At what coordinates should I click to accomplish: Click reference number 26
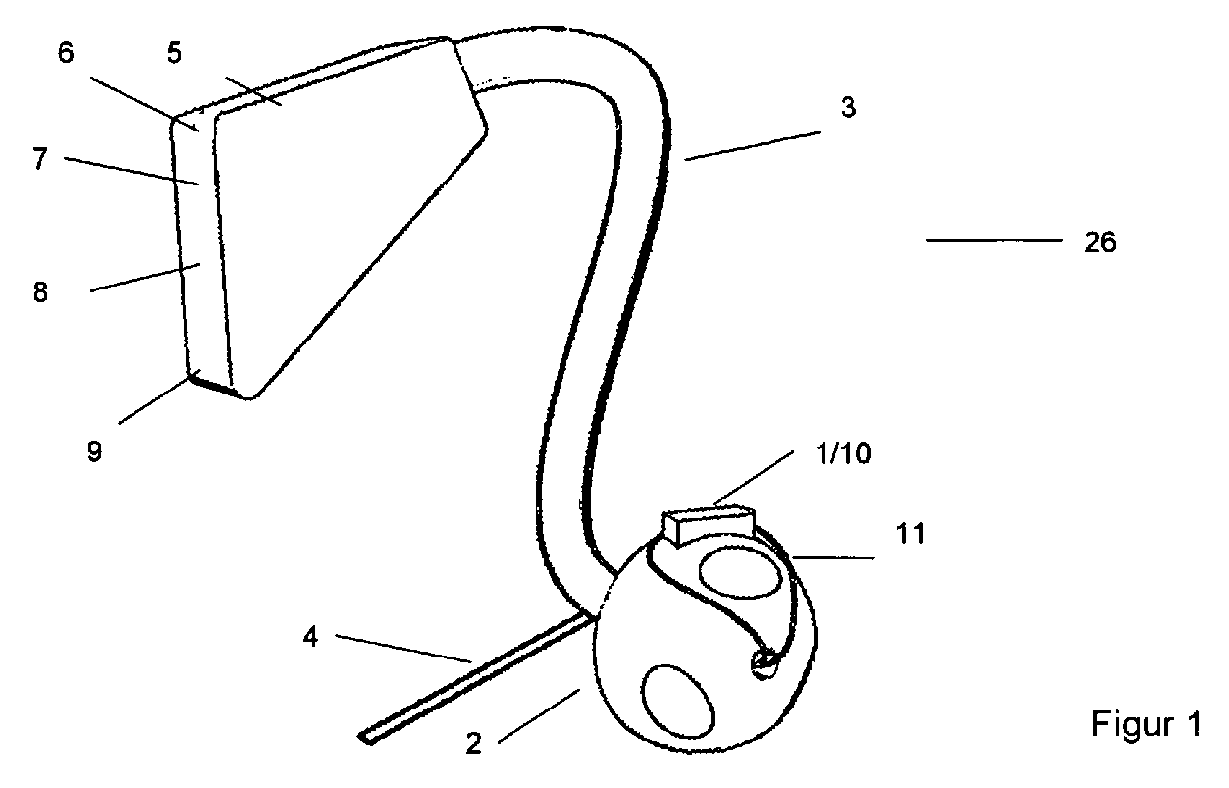(1100, 242)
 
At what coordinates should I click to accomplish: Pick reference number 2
(473, 744)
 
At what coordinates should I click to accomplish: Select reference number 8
(40, 292)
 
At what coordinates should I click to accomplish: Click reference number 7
(38, 160)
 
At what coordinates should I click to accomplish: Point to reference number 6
(66, 53)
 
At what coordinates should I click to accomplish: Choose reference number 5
(174, 53)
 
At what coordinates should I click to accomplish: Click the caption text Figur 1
(1146, 725)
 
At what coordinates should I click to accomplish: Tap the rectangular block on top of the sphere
(707, 525)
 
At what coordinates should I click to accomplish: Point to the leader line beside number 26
(994, 240)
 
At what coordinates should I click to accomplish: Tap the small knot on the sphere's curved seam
(764, 664)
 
